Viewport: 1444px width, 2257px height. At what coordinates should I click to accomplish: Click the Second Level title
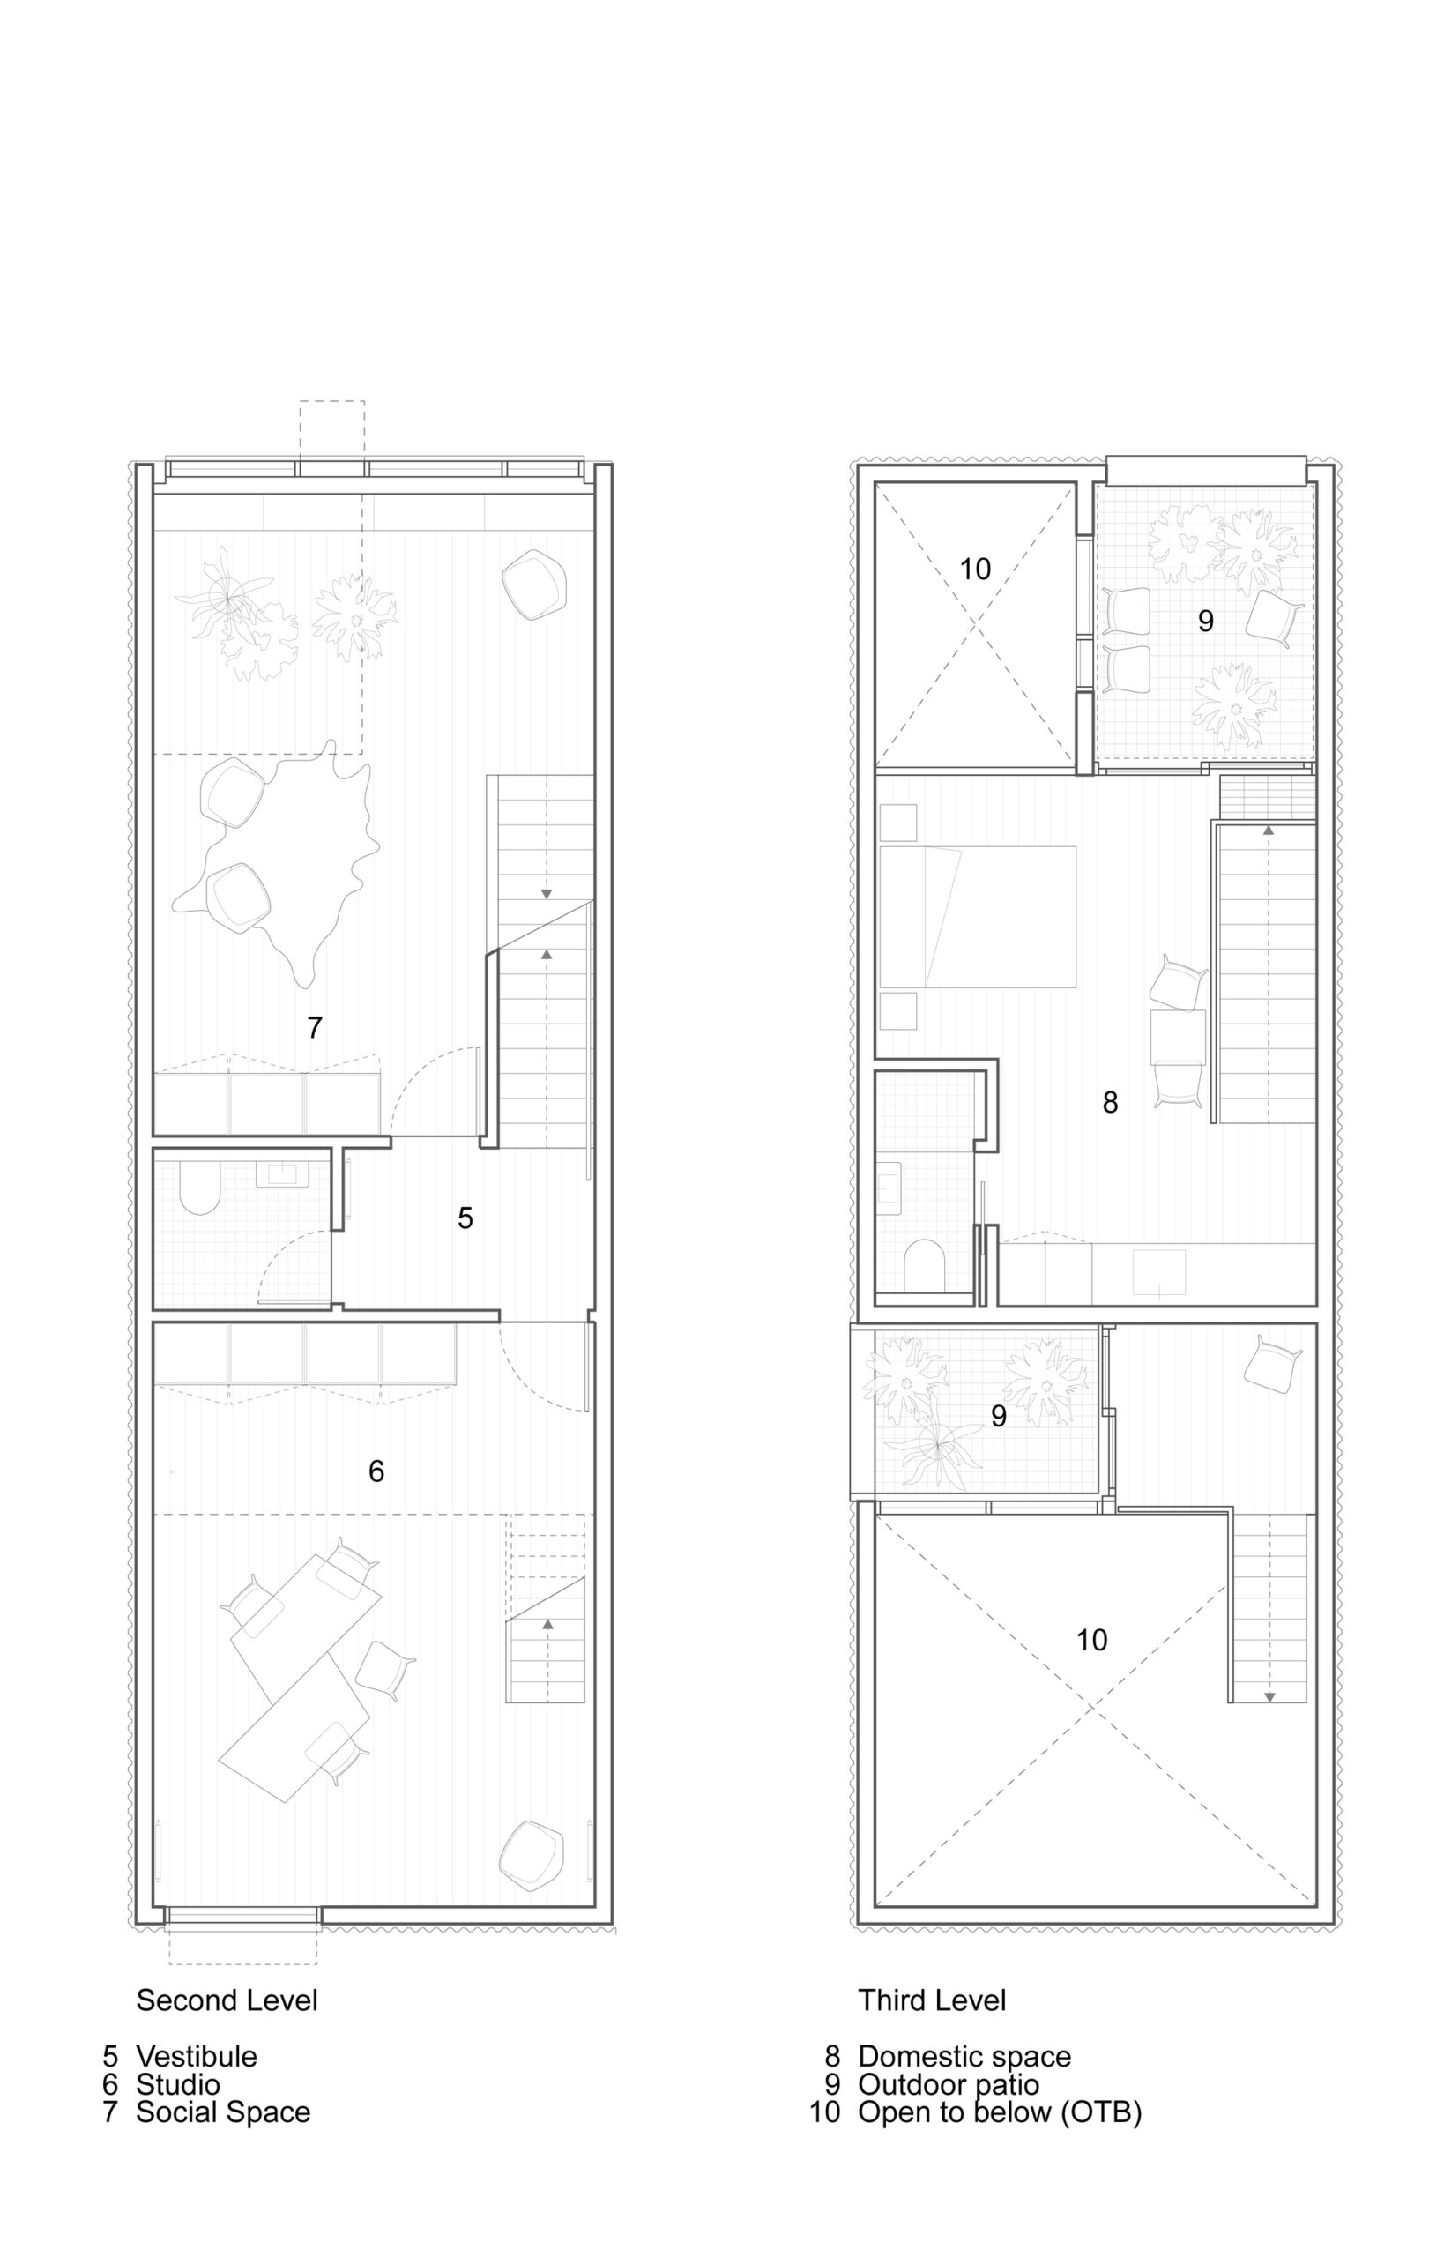pos(227,2000)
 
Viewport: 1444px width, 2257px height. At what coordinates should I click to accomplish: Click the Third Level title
pos(932,2000)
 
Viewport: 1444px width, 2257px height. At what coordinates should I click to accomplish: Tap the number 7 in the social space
pos(315,1028)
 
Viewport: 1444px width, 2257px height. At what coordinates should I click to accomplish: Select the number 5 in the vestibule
pos(465,1218)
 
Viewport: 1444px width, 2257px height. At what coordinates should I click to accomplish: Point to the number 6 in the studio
pos(376,1471)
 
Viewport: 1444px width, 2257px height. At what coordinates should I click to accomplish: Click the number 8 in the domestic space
pos(1110,1103)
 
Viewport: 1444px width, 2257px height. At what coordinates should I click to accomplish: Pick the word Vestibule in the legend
pos(196,2056)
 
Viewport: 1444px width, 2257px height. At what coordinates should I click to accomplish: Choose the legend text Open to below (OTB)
pos(1000,2112)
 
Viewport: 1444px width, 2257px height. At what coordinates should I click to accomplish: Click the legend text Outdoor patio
pos(948,2084)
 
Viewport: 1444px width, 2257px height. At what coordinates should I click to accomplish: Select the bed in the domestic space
pos(977,916)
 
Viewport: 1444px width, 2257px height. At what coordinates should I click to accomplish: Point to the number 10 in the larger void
pos(1091,1640)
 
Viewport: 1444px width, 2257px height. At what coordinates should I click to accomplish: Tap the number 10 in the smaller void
pos(975,570)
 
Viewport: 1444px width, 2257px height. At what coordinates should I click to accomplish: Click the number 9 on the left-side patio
pos(999,1416)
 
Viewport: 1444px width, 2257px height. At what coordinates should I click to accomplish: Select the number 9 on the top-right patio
pos(1206,620)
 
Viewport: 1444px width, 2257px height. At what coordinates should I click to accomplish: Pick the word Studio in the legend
pos(178,2084)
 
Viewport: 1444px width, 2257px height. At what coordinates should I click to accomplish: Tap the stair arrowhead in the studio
pos(547,1623)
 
